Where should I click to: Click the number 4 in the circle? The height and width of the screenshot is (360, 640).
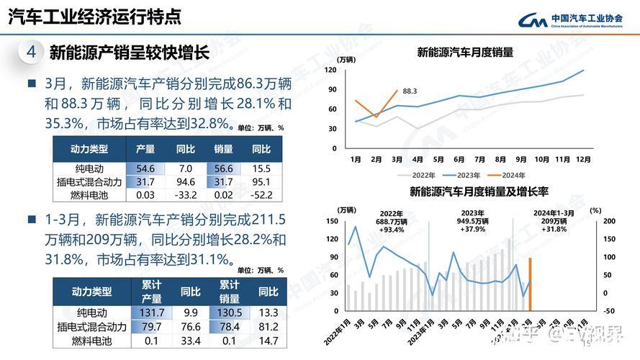(30, 52)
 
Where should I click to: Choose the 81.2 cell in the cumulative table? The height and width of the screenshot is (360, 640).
(268, 327)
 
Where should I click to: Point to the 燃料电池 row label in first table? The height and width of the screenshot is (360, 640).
(89, 194)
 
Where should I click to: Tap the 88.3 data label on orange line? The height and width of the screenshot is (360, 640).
(410, 91)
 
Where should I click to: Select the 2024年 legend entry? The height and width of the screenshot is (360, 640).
(513, 174)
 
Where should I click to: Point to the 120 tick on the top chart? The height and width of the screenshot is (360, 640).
(331, 70)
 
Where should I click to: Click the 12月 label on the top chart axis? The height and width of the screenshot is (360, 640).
(583, 158)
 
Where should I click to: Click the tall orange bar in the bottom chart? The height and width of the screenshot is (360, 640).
(530, 284)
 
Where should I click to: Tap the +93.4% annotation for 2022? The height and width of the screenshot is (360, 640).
(391, 230)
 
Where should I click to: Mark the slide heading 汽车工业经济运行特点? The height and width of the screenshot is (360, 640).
(94, 16)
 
